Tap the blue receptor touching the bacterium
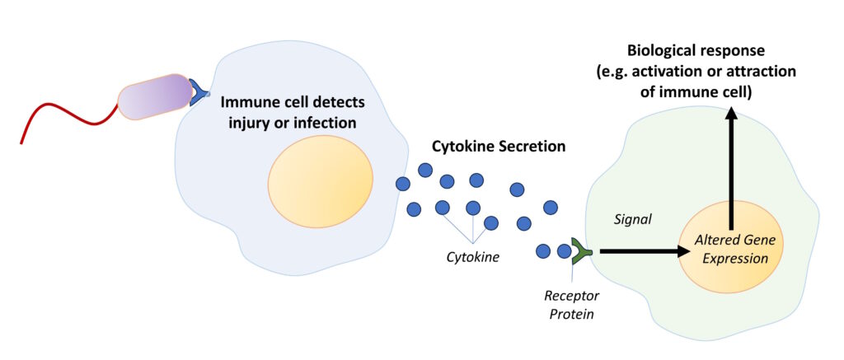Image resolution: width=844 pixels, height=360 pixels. [199, 93]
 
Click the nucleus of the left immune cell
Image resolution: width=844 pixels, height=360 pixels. [320, 181]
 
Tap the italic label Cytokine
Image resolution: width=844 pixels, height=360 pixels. [472, 257]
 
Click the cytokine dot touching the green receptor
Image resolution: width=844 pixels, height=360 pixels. [565, 250]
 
